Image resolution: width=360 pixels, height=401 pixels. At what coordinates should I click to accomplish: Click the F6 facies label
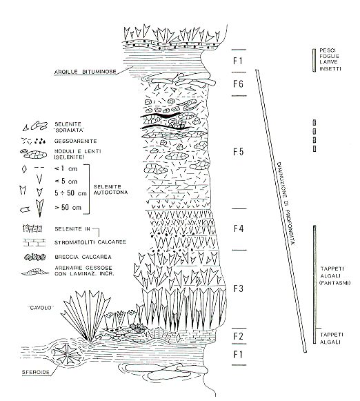point(238,84)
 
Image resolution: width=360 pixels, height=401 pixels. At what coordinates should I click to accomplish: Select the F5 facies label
point(238,152)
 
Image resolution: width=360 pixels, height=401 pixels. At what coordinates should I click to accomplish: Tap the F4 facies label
point(238,228)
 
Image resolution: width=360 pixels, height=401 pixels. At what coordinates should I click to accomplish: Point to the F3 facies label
point(238,288)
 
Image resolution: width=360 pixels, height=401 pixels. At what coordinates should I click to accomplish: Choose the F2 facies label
point(238,336)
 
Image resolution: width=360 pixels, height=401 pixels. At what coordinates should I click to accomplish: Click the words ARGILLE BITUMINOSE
point(86,72)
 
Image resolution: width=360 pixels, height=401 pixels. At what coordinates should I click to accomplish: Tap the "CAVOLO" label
point(41,308)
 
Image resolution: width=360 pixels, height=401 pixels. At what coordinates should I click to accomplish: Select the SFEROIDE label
point(35,372)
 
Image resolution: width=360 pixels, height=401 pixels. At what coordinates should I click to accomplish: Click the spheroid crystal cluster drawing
point(68,354)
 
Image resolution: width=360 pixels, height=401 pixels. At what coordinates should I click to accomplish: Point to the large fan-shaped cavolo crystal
point(86,316)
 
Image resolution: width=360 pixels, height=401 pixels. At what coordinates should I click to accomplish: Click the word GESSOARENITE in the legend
point(76,141)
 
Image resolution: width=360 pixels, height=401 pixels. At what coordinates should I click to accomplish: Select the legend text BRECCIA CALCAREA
point(83,257)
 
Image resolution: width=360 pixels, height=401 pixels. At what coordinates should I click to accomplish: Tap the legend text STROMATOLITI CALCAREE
point(90,242)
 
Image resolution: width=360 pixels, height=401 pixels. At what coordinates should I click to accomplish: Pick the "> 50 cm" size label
point(68,207)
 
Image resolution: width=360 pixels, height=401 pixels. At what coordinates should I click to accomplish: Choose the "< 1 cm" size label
point(66,168)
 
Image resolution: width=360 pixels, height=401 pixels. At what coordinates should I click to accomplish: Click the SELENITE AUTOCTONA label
point(110,190)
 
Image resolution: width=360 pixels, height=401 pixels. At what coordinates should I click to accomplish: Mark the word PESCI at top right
point(328,50)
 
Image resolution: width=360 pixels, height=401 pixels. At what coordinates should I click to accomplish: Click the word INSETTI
point(330,68)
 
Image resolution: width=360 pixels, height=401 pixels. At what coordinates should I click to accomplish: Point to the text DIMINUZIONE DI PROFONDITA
point(286,204)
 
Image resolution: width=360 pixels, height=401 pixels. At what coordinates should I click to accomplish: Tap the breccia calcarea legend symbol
point(35,257)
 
